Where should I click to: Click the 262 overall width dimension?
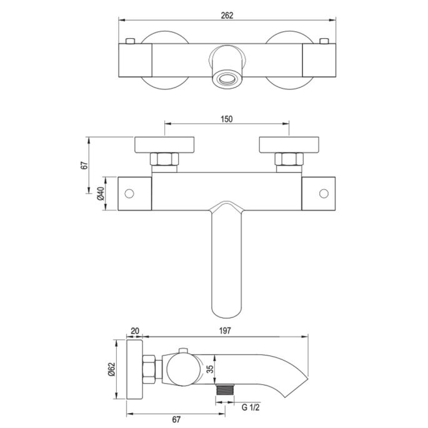[227, 16]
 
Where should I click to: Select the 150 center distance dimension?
[226, 120]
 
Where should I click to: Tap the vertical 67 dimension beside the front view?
[84, 165]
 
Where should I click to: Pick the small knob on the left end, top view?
[131, 42]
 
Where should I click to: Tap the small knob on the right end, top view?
[323, 42]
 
